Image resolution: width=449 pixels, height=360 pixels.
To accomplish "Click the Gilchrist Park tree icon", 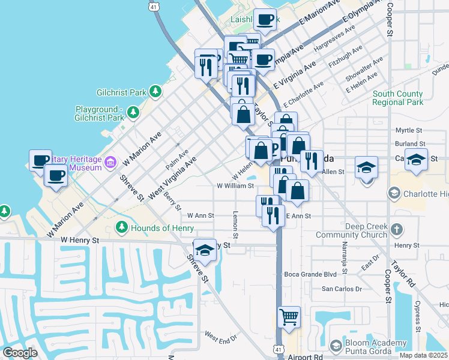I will [x=155, y=92].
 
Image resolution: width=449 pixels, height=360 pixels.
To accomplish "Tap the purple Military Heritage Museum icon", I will [x=110, y=162].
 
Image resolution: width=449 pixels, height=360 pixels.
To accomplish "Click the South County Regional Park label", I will [x=397, y=98].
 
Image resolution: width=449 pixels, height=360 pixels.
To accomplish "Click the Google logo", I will [x=20, y=353].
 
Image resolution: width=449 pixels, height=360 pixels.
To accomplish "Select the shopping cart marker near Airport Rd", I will [x=289, y=317].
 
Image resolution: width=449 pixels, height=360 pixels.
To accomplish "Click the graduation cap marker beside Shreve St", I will [x=205, y=250].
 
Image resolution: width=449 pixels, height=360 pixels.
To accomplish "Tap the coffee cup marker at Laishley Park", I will [x=265, y=20].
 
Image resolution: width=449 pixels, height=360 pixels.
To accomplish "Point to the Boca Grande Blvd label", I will [x=311, y=274].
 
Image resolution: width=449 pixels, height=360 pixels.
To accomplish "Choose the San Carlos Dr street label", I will [x=342, y=289].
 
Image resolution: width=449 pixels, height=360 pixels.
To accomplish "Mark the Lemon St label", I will [x=236, y=226].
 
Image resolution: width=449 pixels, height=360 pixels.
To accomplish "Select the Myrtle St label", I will [x=410, y=130].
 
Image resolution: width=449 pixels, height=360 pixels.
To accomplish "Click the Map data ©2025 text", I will [x=423, y=355].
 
